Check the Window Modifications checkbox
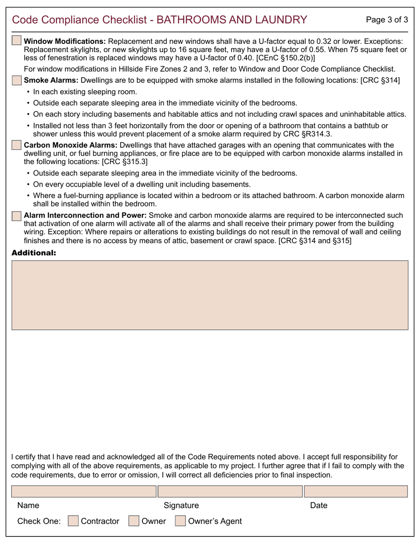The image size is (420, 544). point(16,41)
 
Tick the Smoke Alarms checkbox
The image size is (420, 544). point(16,80)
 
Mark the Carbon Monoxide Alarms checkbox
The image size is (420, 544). point(16,145)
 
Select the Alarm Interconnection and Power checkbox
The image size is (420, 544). point(16,215)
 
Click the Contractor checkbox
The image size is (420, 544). point(73,521)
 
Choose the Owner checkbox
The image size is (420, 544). point(134,521)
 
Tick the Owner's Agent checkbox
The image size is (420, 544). point(180,521)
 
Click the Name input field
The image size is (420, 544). point(84,491)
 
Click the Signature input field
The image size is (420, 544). point(230,491)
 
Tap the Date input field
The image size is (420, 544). point(356,491)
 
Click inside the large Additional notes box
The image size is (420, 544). point(210,295)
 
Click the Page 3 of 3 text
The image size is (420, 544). point(387,19)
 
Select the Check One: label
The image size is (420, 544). point(38,521)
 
